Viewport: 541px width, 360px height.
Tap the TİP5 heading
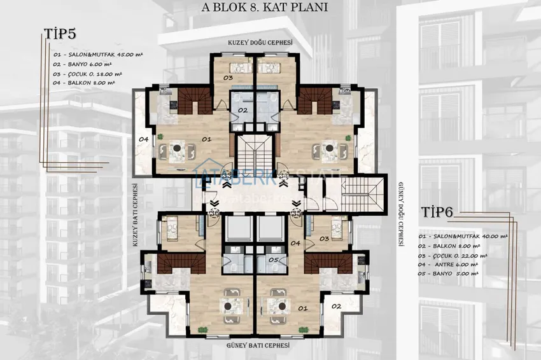point(61,34)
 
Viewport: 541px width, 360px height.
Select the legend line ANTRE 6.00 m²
point(453,264)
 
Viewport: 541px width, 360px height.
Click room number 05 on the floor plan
point(272,260)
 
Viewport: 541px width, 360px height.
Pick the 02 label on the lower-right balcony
point(337,306)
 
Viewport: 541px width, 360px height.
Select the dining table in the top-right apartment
point(331,150)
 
